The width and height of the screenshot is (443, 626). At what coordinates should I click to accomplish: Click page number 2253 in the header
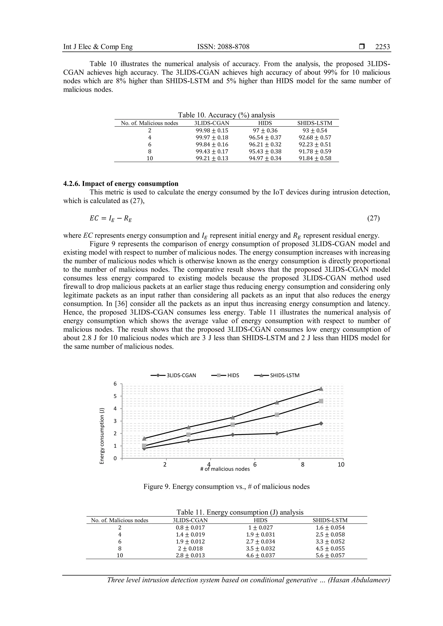click(382, 47)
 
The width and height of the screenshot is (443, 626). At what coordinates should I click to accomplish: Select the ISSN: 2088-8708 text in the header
click(223, 47)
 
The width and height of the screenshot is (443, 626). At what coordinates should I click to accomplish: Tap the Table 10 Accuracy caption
click(226, 115)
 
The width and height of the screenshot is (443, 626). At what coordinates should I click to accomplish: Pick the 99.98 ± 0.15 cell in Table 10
click(212, 131)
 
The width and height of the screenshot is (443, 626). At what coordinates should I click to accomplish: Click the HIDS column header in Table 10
click(265, 123)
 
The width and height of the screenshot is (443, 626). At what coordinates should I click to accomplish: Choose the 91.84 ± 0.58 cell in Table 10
click(315, 158)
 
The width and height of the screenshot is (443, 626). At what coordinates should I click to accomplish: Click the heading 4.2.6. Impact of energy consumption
click(121, 184)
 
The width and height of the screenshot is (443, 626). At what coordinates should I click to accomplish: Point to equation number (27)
click(373, 218)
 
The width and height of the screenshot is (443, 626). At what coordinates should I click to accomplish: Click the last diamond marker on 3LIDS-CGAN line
click(321, 423)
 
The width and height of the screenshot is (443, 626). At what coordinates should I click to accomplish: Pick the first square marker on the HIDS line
click(144, 446)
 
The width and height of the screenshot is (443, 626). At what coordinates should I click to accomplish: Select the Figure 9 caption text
click(226, 486)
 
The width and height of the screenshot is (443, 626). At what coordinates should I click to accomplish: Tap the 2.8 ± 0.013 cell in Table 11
click(190, 555)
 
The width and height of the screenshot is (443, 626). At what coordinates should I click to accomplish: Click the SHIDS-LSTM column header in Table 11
click(330, 520)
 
